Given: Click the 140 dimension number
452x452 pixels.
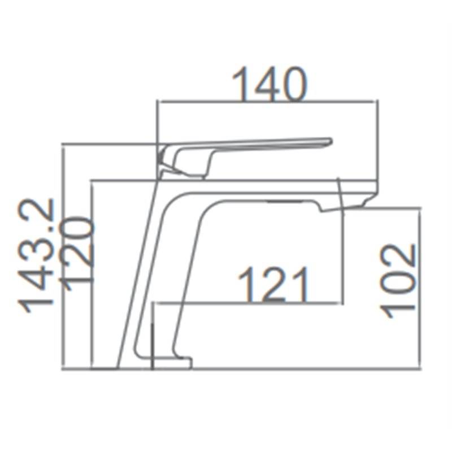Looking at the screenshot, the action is [270, 84].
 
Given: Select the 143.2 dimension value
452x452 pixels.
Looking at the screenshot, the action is [36, 255].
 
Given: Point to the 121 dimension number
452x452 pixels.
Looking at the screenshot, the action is [273, 285].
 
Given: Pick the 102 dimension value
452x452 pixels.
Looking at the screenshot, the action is [398, 281].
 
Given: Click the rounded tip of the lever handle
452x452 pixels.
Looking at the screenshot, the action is [329, 142].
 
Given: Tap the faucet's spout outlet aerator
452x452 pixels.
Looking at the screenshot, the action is [285, 201].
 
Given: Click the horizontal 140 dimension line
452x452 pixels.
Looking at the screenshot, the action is [267, 102].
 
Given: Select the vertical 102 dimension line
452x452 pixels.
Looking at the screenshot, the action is [420, 288].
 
